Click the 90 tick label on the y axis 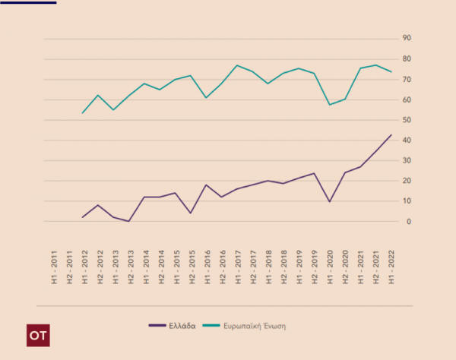pos(407,39)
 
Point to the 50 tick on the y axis pos(407,120)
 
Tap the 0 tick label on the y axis pos(408,222)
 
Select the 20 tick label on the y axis pos(407,181)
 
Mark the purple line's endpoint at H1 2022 pos(391,135)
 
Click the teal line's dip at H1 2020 pos(329,104)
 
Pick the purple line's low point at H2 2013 pos(129,221)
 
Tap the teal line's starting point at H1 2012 pos(82,113)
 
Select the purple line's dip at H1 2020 pos(329,201)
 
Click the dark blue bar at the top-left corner pos(28,2)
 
